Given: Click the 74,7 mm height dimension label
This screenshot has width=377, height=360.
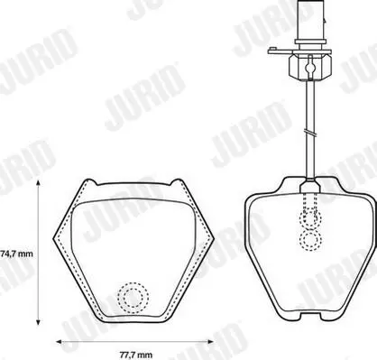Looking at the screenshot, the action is point(16,254).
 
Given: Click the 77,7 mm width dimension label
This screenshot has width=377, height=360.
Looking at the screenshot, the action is point(136,355).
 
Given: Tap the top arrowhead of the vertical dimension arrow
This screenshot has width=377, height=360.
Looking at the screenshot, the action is point(38,183).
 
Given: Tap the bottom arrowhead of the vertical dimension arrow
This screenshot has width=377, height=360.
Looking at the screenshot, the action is point(38,322).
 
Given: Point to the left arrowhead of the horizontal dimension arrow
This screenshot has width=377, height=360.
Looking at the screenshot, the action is point(60,342).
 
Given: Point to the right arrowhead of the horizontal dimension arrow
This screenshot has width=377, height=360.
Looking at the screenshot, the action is point(210,342).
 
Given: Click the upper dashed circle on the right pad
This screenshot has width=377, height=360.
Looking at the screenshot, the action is point(310,218).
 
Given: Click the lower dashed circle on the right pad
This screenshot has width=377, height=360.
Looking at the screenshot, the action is point(310,240).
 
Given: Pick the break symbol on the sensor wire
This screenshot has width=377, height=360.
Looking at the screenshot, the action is point(310,133).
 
